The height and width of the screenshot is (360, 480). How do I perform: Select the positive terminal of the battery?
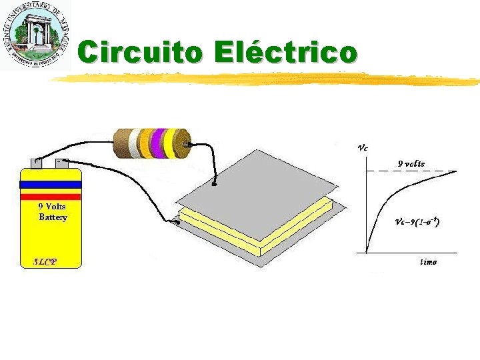tap(35, 162)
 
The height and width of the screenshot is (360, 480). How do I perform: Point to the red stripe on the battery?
tap(51, 196)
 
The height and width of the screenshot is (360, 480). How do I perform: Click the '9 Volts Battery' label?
tap(52, 212)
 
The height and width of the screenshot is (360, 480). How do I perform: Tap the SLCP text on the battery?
tap(45, 261)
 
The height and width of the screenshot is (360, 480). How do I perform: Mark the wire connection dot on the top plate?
tap(214, 184)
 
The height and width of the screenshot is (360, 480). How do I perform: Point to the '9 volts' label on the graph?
tap(411, 163)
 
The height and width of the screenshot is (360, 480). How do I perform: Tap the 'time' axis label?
tap(428, 262)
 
